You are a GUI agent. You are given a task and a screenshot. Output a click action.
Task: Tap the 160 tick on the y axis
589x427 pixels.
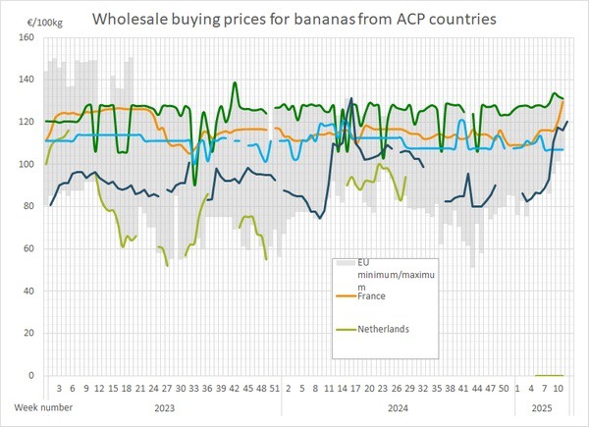pos(26,37)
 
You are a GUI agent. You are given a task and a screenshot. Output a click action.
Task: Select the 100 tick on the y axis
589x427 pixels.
pos(26,164)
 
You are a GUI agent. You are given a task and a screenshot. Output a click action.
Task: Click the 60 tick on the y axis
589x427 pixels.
pos(27,248)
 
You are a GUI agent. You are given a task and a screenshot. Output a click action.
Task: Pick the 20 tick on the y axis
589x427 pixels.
pos(27,333)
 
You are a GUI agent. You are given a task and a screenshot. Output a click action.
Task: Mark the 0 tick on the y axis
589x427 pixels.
pos(30,375)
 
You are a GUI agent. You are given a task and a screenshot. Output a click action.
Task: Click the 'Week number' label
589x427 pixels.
pos(41,405)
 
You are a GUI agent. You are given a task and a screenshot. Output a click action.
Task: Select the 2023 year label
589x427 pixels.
pos(159,405)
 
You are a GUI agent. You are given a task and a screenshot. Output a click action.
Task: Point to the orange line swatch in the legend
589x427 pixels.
pos(345,294)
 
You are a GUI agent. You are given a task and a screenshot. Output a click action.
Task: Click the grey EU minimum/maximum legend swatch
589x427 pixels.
pos(345,264)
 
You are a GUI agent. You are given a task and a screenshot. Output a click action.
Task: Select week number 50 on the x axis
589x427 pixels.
pos(503,389)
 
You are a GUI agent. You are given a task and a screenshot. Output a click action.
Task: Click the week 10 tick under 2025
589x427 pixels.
pos(558,389)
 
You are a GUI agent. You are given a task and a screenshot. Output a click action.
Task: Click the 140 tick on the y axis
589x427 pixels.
pos(26,80)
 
